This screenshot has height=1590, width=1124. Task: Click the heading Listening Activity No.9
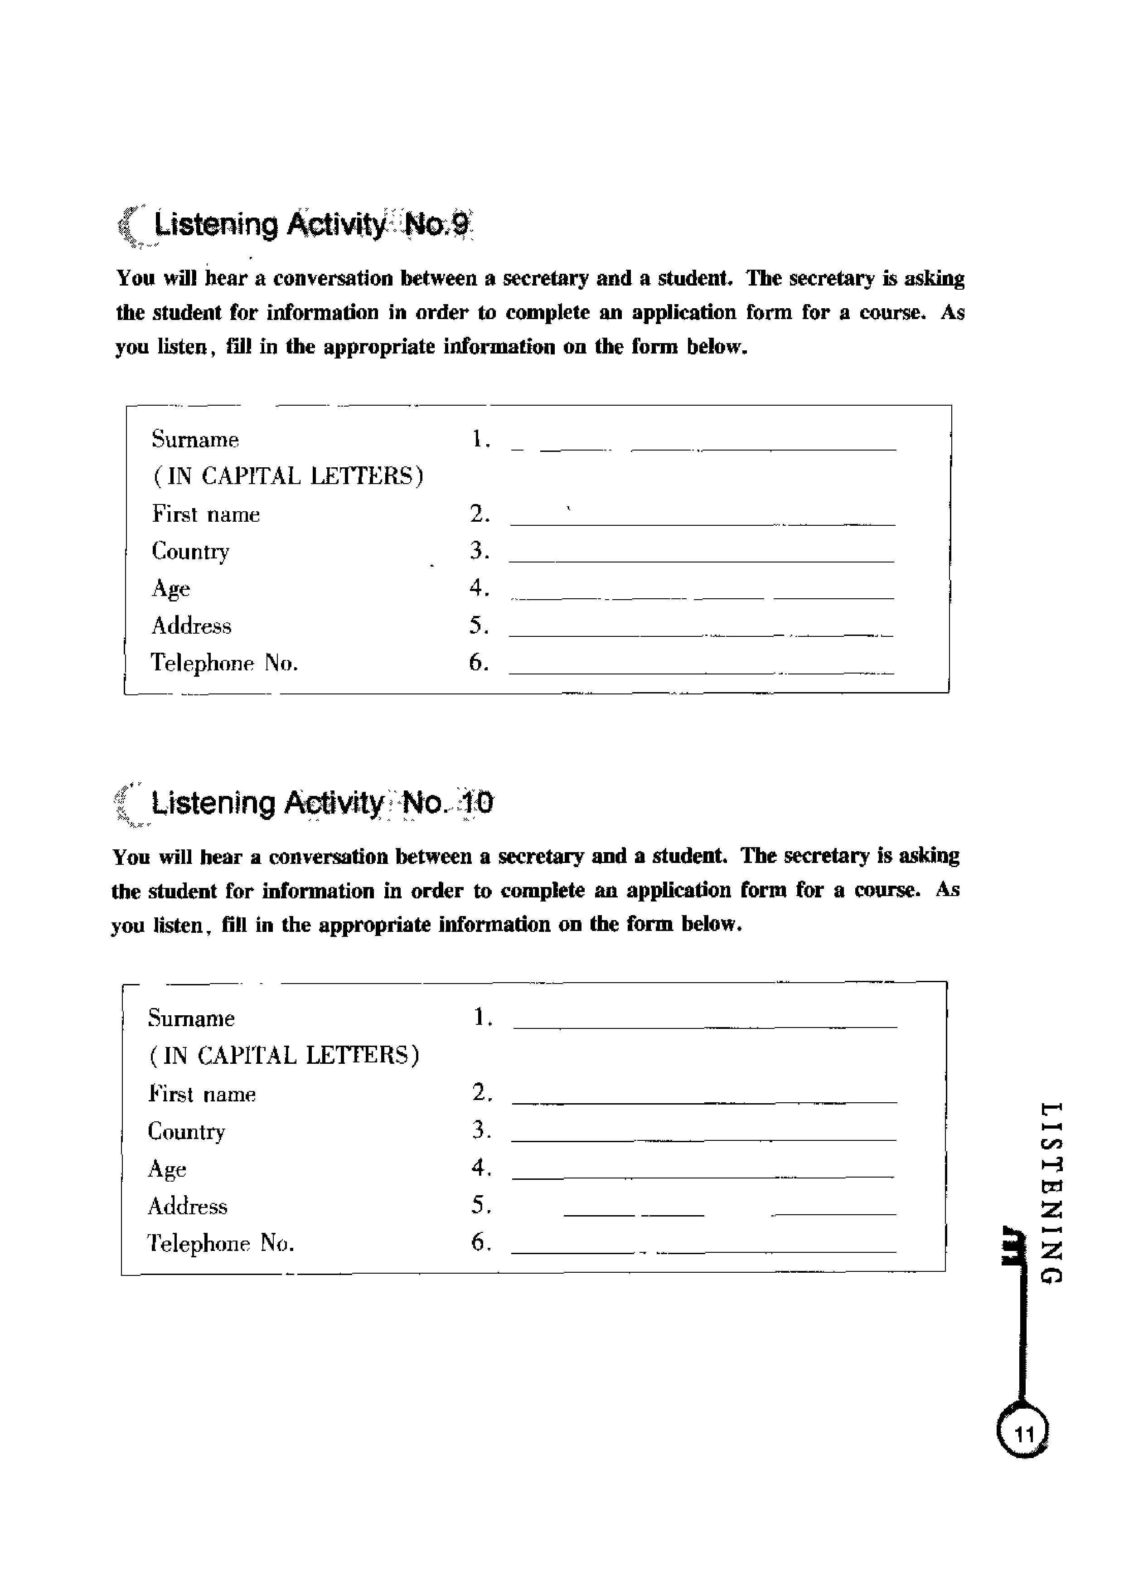[x=312, y=225]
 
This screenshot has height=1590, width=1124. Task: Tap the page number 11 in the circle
[x=1023, y=1434]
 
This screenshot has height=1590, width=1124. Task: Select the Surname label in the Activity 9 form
[x=195, y=440]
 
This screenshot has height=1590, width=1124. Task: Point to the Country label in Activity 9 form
[x=190, y=552]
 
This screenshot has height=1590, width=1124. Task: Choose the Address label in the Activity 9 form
[x=192, y=626]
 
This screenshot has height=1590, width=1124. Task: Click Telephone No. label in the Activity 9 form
[x=224, y=664]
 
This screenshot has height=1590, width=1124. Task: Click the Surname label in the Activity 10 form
[x=191, y=1019]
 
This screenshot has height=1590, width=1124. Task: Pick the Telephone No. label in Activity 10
[x=221, y=1244]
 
